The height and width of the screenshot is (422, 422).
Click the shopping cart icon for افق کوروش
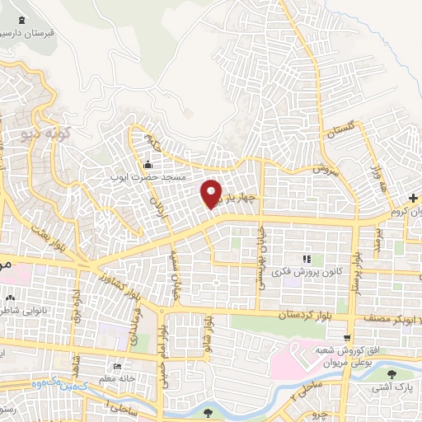349,337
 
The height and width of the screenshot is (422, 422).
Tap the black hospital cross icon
414,199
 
